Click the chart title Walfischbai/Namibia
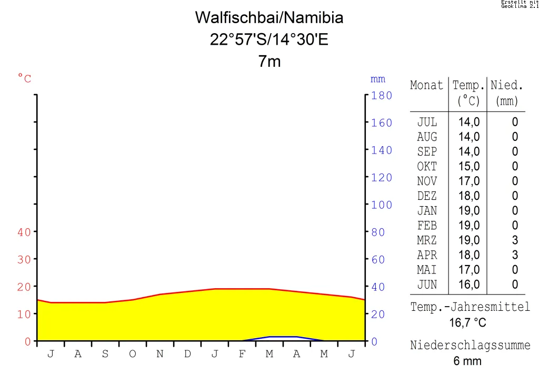point(269,18)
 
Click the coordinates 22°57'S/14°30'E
point(269,39)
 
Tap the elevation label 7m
point(269,62)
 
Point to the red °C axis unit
point(25,79)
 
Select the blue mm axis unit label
point(378,79)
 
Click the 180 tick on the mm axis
point(382,96)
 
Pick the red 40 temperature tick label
point(24,232)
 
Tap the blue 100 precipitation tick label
point(382,205)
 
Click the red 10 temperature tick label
point(24,314)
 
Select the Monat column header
point(426,85)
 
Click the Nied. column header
point(507,85)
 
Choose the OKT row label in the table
point(427,167)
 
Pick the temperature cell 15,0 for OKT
point(469,167)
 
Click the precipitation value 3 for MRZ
point(515,240)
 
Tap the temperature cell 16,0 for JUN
point(469,285)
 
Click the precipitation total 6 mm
point(467,361)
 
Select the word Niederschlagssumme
point(470,346)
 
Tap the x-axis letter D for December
point(187,354)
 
